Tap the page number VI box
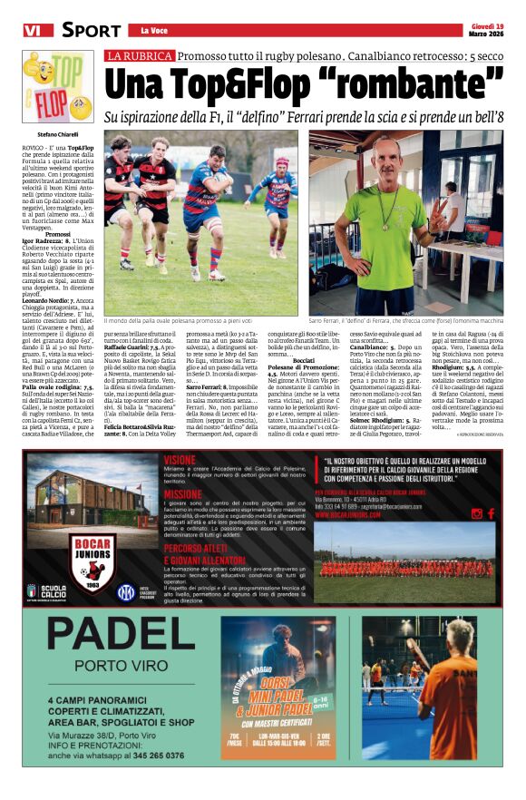click(34, 31)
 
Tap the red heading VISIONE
click(181, 459)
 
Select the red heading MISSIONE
click(183, 494)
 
